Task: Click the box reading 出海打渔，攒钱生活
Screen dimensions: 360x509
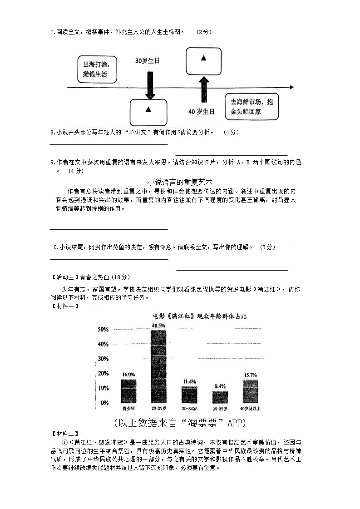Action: [97, 69]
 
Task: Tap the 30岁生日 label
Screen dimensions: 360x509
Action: [148, 60]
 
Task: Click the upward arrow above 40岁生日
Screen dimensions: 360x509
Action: [204, 89]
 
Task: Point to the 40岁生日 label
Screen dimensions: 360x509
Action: [202, 111]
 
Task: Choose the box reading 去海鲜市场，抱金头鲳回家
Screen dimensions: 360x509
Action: [252, 107]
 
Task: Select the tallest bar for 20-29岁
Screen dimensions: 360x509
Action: [158, 366]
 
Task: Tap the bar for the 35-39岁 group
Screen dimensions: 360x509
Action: [220, 396]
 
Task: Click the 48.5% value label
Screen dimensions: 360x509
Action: [158, 326]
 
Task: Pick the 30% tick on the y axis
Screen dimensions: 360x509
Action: [103, 359]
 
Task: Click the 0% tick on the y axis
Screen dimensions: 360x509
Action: [105, 403]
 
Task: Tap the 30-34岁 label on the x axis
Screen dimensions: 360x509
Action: [189, 408]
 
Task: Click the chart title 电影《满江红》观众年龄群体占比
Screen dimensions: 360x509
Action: [199, 316]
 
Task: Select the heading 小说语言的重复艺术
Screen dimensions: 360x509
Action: [180, 182]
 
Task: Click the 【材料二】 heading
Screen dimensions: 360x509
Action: [65, 434]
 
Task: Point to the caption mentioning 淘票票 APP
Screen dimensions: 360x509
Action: [180, 423]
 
